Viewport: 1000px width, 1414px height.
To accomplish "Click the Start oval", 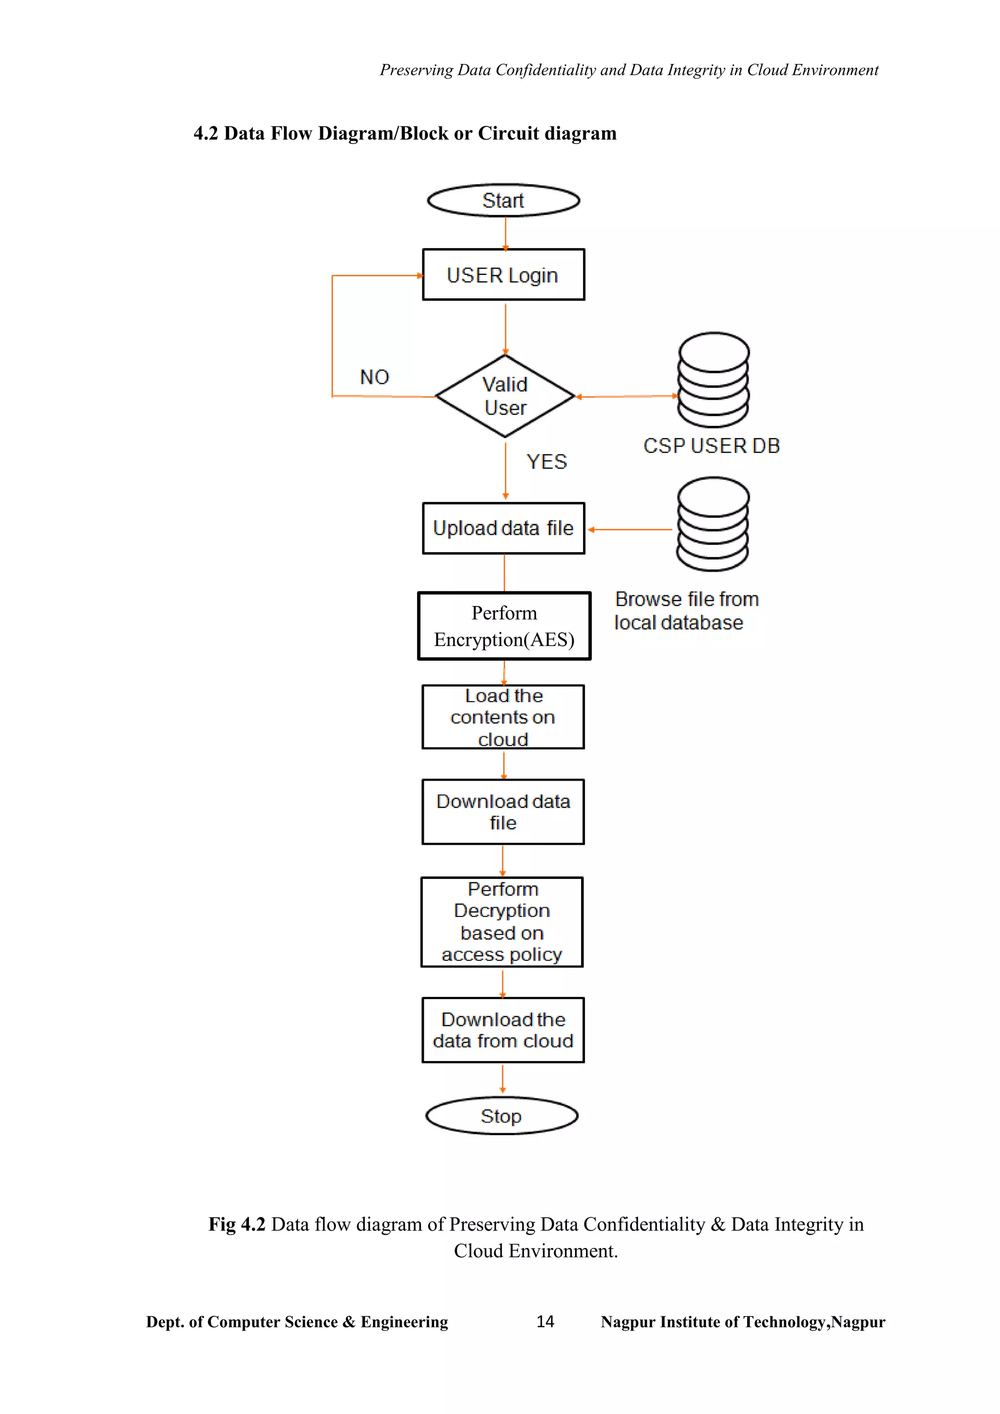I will tap(503, 200).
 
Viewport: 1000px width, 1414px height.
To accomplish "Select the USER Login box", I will tap(503, 275).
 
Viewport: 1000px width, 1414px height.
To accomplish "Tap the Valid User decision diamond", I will tap(505, 396).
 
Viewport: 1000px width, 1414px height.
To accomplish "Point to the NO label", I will tap(375, 377).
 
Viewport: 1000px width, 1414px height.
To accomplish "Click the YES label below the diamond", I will tap(546, 461).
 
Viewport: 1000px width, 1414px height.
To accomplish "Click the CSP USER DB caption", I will tap(711, 446).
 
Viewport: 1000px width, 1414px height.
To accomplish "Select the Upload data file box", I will tap(503, 528).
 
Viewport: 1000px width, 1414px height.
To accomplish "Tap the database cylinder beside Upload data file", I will tap(712, 524).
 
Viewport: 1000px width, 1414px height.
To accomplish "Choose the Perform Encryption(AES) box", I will tap(504, 626).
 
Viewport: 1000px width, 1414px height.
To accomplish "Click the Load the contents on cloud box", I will tap(503, 717).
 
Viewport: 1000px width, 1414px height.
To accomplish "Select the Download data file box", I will tap(503, 811).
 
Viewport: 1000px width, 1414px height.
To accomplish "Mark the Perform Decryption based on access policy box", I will tap(502, 922).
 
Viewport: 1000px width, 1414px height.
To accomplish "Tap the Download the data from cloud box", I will tap(503, 1030).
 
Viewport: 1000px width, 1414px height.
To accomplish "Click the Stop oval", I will tap(501, 1116).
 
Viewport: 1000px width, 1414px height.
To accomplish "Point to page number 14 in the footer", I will tap(545, 1322).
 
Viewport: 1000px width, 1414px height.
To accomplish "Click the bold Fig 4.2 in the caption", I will tap(236, 1225).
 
